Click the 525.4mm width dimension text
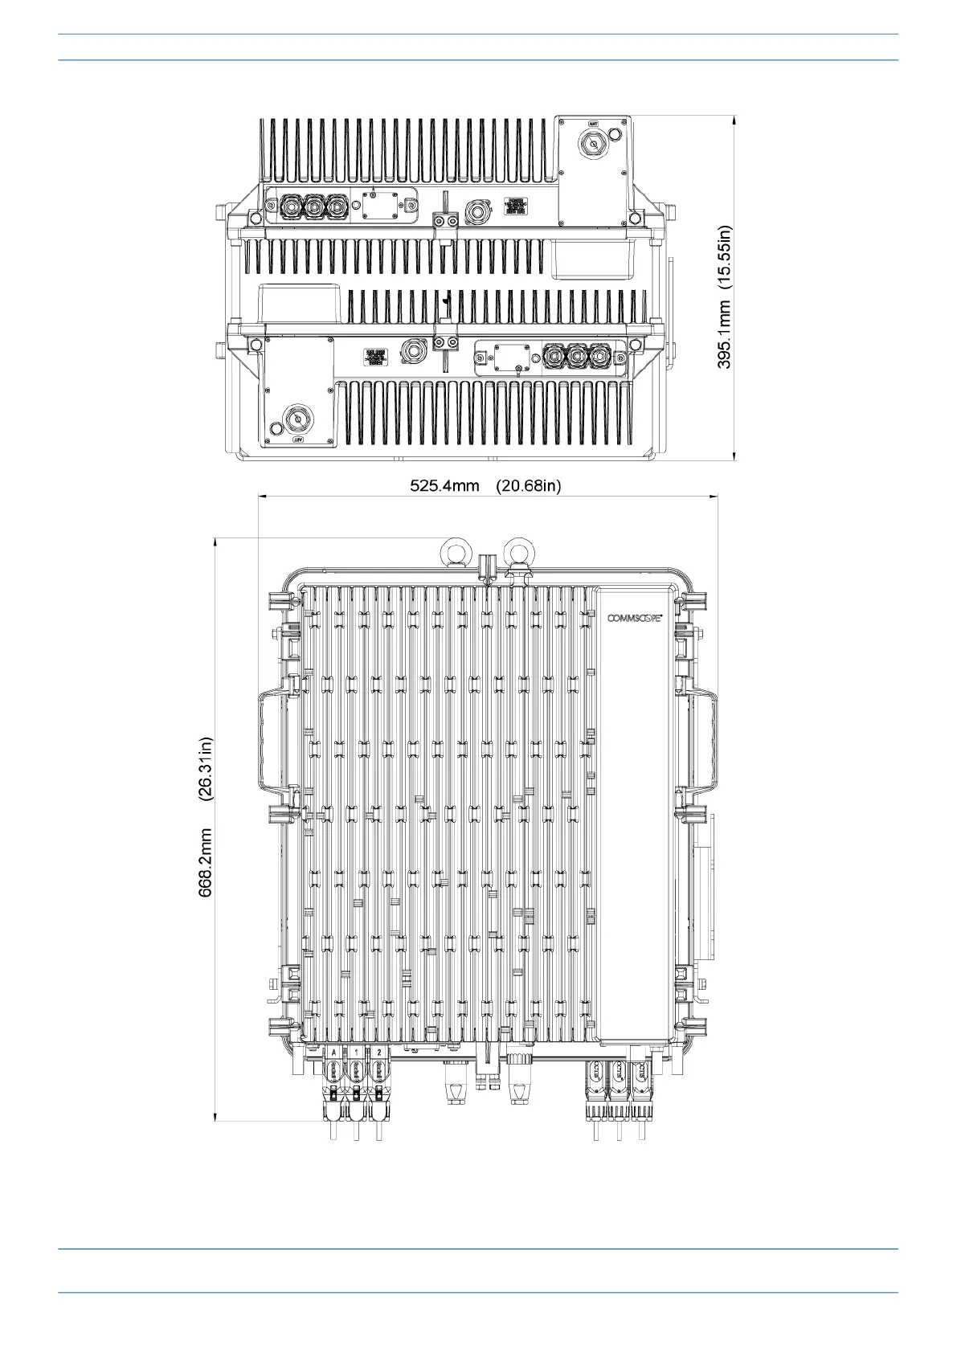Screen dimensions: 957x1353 click(444, 485)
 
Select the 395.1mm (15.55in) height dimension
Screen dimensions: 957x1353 click(725, 296)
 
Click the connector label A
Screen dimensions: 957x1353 click(333, 1052)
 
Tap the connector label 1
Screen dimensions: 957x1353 click(356, 1052)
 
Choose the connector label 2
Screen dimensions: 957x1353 click(378, 1052)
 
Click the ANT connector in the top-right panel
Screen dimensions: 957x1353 click(593, 145)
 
